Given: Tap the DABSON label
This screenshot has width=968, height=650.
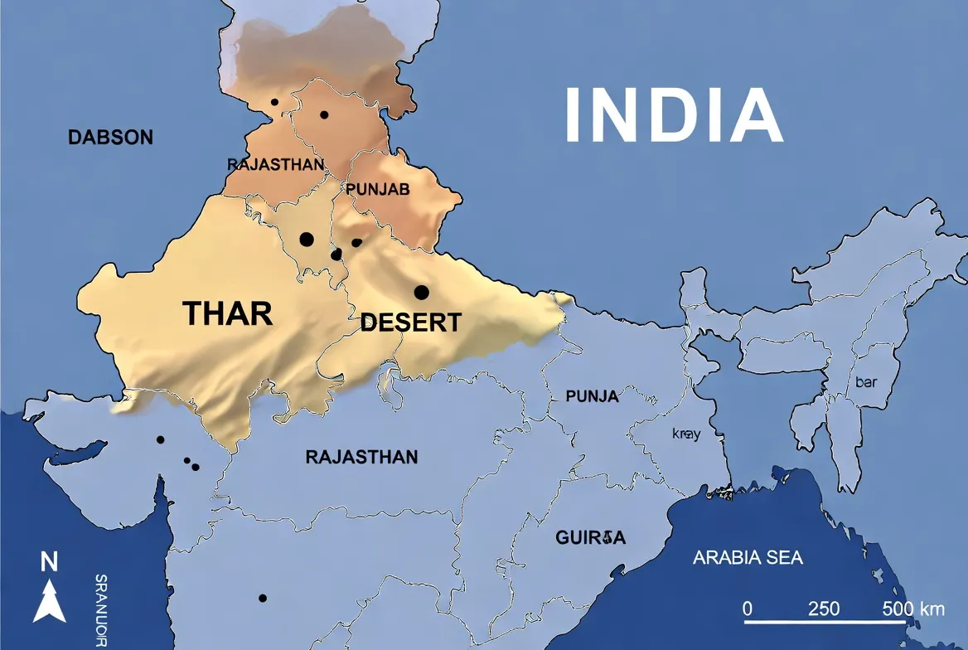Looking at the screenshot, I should [x=110, y=138].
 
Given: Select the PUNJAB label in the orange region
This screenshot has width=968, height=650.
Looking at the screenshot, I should [x=378, y=190].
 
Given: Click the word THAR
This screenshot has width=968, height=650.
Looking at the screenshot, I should [x=227, y=313].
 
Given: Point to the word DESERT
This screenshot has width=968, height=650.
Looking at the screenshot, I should [x=410, y=323].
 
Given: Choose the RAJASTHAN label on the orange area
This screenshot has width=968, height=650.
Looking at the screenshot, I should [x=275, y=165].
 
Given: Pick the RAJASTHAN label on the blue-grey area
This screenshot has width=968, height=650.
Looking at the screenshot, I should [x=361, y=457].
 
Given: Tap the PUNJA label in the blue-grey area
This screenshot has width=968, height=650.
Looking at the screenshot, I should [x=592, y=396].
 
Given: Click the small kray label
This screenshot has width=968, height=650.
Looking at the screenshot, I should [x=686, y=434].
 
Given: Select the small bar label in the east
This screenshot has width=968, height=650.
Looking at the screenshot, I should [x=865, y=383].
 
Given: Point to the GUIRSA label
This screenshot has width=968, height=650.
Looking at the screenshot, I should [x=590, y=538].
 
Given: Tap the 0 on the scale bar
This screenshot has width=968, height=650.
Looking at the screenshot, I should [x=748, y=609].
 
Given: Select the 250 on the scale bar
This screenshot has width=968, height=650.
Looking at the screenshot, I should [x=824, y=609].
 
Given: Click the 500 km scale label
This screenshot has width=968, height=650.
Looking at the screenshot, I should [x=912, y=609].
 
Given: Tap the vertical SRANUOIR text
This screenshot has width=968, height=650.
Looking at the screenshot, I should [x=101, y=610].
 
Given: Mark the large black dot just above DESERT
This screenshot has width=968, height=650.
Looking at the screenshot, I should [x=421, y=292].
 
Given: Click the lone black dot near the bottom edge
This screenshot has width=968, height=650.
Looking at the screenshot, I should [x=263, y=598].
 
